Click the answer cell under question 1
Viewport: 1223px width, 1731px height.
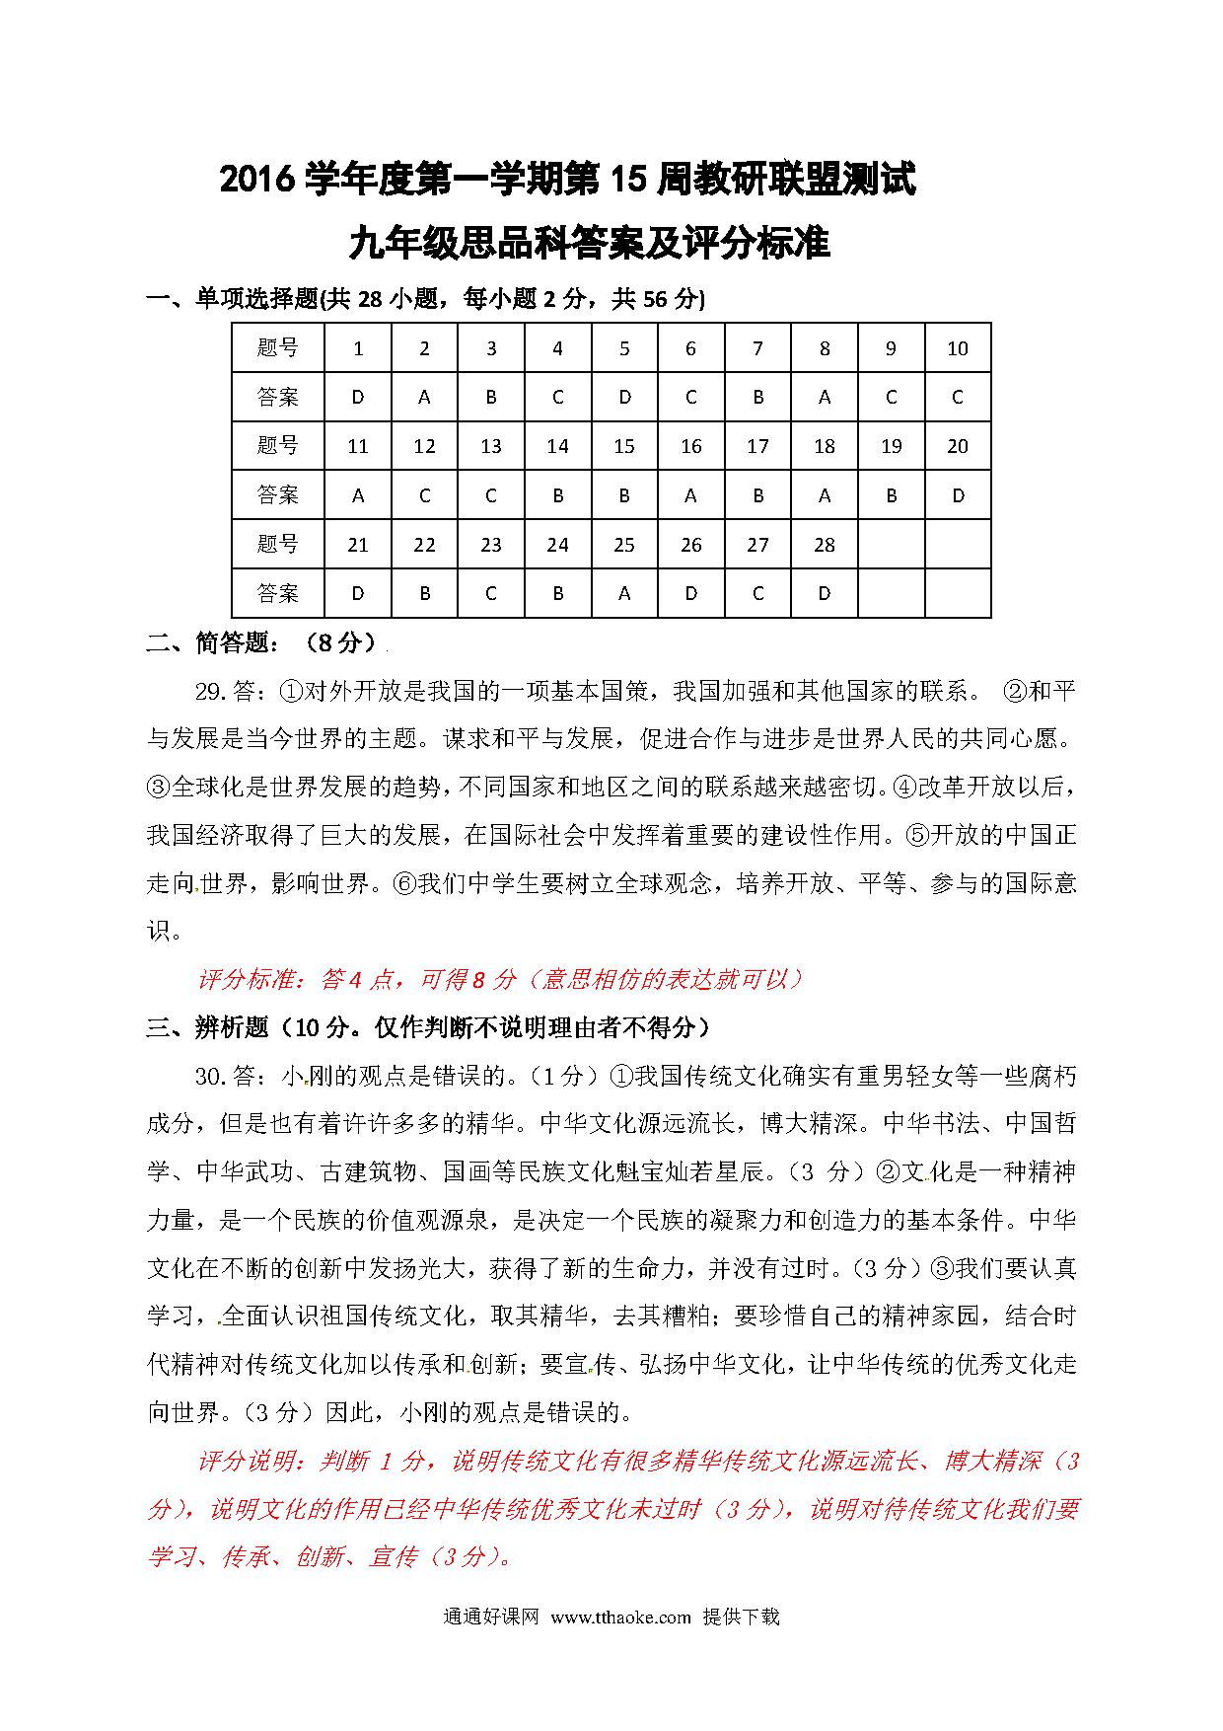358,397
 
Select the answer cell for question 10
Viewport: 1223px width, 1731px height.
957,397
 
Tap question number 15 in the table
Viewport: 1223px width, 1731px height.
624,446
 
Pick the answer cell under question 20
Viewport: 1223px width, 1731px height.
957,495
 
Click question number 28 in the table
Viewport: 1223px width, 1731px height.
825,544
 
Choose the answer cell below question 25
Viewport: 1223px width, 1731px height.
624,593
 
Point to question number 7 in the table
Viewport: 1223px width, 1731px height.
757,348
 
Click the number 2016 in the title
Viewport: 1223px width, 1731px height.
258,181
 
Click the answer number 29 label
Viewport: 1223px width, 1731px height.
212,691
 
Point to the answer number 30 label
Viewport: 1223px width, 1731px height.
212,1076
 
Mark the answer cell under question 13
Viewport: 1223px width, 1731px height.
491,495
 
